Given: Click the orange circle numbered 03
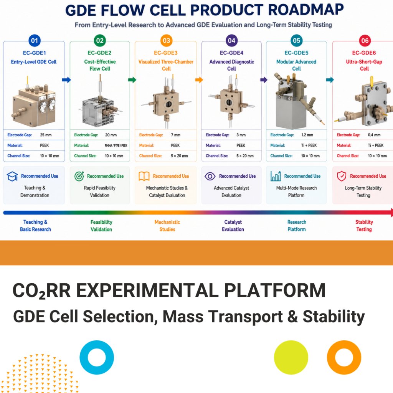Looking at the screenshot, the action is [167, 41].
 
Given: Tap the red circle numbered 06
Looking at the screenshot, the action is [365, 41].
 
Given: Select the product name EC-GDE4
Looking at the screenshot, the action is [231, 53].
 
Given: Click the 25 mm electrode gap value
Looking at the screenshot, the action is [46, 135].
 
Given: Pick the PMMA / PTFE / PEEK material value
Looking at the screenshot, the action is [116, 145].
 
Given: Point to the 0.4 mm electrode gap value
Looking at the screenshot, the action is [374, 135].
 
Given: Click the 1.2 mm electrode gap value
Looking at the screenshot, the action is [307, 135].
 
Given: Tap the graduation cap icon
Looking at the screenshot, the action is [12, 176].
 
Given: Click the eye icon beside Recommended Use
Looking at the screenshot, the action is [210, 176].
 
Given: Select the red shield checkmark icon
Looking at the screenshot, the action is [341, 176].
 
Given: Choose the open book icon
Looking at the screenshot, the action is [144, 176].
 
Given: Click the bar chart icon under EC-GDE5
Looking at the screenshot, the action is [276, 176].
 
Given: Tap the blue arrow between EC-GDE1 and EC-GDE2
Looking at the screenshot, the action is [66, 80].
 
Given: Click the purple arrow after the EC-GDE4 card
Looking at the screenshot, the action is [264, 80].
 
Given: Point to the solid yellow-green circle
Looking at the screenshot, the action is [291, 357].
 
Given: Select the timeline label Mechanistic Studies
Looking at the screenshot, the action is [167, 226].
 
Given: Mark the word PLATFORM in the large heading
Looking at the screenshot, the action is [275, 290].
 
